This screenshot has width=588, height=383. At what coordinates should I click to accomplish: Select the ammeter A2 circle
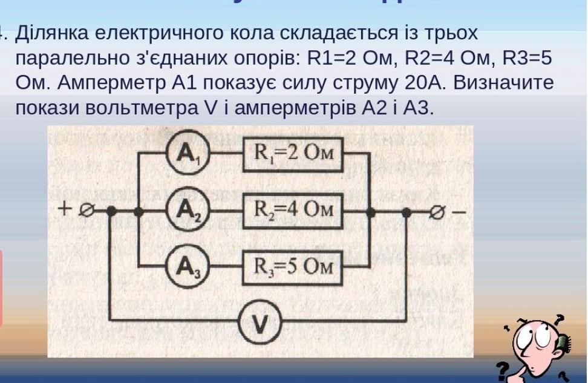[x=186, y=212]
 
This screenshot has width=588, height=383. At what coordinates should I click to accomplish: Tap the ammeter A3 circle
[x=186, y=266]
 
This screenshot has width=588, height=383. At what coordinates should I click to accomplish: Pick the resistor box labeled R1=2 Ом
[x=293, y=154]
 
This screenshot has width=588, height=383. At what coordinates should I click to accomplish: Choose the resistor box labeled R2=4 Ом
[x=293, y=211]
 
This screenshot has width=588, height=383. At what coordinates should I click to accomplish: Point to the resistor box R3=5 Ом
[x=293, y=266]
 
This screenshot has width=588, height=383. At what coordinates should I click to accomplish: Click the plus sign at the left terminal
[x=65, y=209]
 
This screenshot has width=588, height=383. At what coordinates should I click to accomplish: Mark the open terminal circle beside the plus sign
[x=87, y=211]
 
